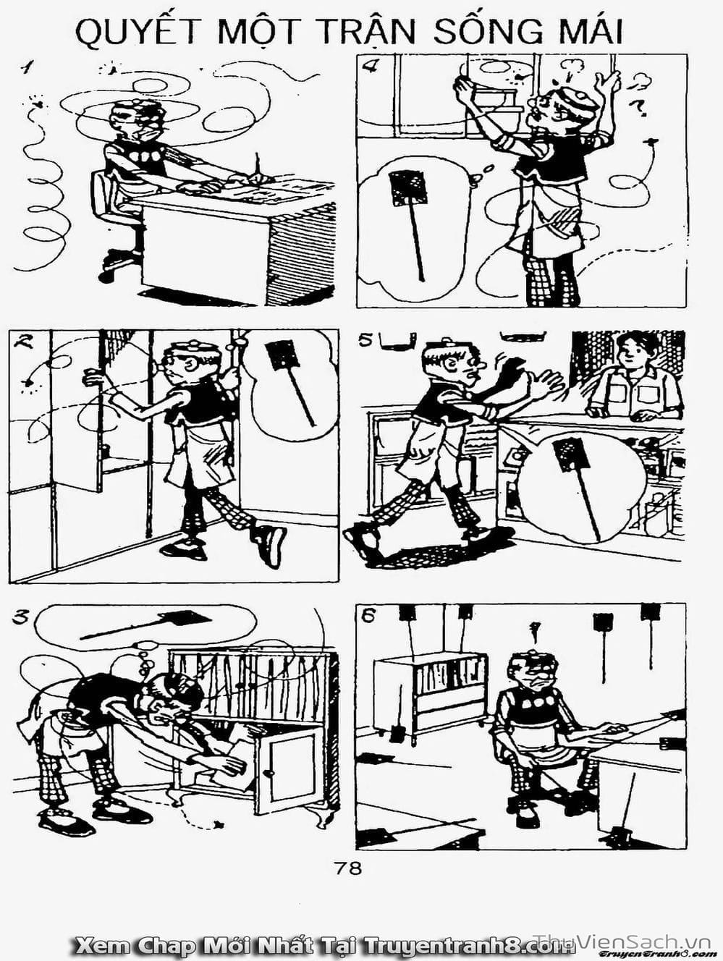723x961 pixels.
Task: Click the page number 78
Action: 348,868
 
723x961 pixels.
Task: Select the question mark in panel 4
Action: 639,108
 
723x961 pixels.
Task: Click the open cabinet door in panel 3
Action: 290,767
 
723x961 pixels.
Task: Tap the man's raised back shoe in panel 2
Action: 271,543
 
